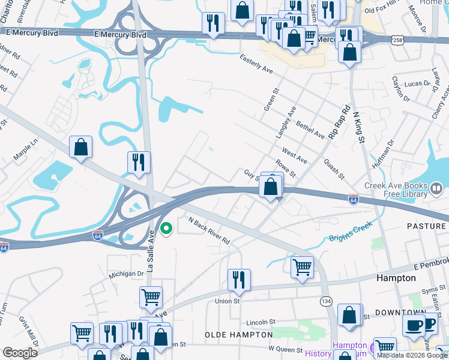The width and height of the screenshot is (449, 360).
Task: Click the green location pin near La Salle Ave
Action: point(167,229)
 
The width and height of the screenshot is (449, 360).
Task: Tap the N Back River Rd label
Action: point(209,230)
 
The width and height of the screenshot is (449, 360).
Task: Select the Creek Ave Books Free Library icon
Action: point(437,190)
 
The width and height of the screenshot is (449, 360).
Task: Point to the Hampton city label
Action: point(396,278)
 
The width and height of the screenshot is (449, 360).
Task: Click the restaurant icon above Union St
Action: point(239,280)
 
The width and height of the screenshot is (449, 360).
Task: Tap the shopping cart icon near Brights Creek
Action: point(301,267)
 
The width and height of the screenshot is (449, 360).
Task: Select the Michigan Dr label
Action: point(127,274)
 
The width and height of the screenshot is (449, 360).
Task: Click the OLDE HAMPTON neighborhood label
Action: point(238,334)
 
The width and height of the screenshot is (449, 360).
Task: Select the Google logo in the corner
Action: point(20,353)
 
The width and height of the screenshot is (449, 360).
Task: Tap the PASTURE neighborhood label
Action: point(426,226)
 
